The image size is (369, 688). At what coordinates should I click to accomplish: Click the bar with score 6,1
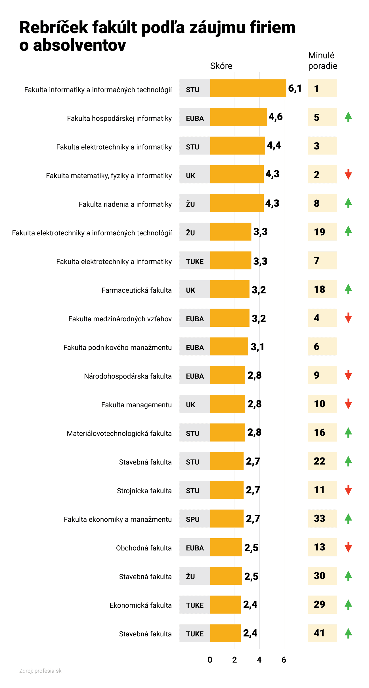click(x=248, y=88)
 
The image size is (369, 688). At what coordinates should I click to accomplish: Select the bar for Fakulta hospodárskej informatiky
click(x=238, y=117)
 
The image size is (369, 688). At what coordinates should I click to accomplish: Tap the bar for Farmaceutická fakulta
click(x=230, y=289)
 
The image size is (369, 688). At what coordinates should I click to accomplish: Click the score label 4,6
click(x=276, y=117)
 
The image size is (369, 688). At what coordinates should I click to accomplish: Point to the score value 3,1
click(x=257, y=347)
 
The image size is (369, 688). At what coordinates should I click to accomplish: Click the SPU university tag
click(x=193, y=519)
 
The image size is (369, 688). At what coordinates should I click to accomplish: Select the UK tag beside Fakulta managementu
click(x=191, y=405)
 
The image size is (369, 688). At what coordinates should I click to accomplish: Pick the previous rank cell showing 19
click(x=322, y=232)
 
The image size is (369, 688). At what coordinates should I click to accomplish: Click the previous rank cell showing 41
click(x=322, y=633)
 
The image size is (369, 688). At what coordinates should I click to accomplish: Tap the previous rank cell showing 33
click(x=322, y=518)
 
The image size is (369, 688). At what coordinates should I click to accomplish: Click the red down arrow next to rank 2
click(x=348, y=174)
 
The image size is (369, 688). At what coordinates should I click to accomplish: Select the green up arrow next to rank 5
click(x=348, y=117)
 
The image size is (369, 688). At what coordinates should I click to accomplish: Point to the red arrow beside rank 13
click(x=348, y=547)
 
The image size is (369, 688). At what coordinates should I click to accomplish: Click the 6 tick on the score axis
click(x=284, y=660)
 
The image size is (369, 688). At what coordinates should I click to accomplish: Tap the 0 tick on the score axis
click(x=210, y=660)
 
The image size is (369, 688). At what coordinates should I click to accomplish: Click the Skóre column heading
click(x=221, y=66)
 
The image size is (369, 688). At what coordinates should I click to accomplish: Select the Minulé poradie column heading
click(x=322, y=60)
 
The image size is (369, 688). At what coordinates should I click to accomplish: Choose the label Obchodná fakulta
click(x=144, y=548)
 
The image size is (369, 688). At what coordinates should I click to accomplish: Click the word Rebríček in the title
click(x=54, y=28)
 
